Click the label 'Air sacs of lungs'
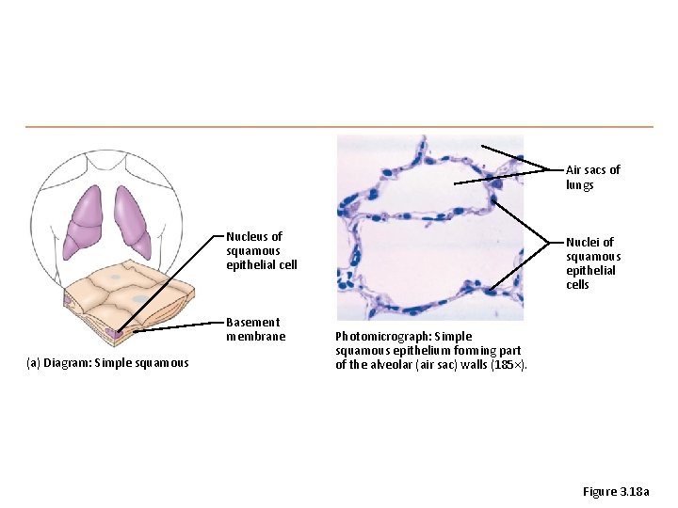click(x=592, y=177)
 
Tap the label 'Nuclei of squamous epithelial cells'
click(x=592, y=263)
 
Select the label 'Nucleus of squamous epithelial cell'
click(x=261, y=250)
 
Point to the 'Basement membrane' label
click(x=254, y=329)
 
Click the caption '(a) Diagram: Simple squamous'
click(x=107, y=363)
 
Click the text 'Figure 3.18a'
click(x=616, y=492)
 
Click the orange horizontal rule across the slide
click(x=339, y=126)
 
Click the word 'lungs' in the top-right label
click(x=580, y=185)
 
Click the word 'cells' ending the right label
click(x=577, y=285)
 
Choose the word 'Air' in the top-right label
click(x=573, y=170)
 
